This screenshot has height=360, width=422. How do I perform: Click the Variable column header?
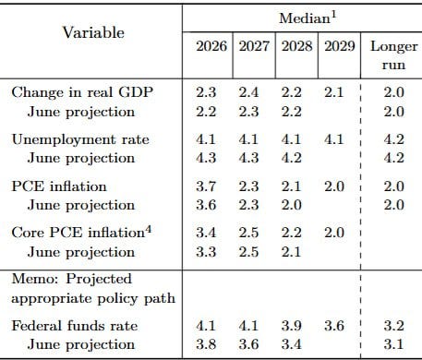click(x=93, y=32)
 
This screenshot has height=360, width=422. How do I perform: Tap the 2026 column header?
click(x=211, y=46)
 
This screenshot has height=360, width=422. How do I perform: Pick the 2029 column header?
click(x=340, y=46)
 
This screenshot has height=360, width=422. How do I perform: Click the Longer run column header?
click(x=394, y=55)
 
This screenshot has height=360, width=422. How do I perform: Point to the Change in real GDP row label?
click(x=82, y=92)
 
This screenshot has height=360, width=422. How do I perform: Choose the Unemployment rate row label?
click(x=80, y=139)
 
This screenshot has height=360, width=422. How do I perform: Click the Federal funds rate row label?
click(x=75, y=326)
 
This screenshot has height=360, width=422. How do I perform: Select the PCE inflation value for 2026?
click(x=206, y=186)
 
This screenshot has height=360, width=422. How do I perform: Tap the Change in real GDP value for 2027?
click(x=248, y=92)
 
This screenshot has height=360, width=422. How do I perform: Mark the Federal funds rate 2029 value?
click(x=334, y=326)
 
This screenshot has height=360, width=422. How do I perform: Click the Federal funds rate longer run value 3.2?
click(x=394, y=326)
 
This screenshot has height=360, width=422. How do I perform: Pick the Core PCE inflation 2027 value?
click(x=248, y=233)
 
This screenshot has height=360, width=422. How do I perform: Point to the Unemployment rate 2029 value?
click(x=333, y=139)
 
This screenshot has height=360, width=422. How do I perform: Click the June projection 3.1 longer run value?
click(x=393, y=344)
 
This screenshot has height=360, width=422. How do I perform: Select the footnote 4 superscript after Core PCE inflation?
click(x=148, y=229)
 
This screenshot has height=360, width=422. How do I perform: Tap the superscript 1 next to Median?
click(x=334, y=15)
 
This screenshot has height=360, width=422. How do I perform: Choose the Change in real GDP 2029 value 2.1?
click(x=333, y=92)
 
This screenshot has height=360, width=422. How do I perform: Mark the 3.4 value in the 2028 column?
click(x=292, y=344)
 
